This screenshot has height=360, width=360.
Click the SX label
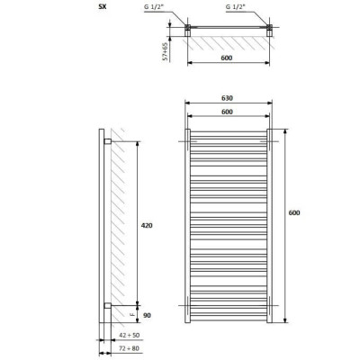[103, 7]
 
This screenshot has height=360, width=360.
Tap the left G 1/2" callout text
[154, 7]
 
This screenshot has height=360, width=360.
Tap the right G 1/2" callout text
[236, 7]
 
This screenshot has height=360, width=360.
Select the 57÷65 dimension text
[165, 51]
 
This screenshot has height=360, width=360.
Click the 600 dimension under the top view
[227, 58]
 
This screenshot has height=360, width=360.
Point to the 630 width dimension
[227, 98]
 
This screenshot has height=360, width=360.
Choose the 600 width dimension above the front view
[227, 112]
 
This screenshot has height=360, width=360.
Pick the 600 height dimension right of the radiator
[294, 212]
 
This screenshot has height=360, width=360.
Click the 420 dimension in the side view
[147, 225]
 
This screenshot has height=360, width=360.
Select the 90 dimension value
[147, 315]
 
